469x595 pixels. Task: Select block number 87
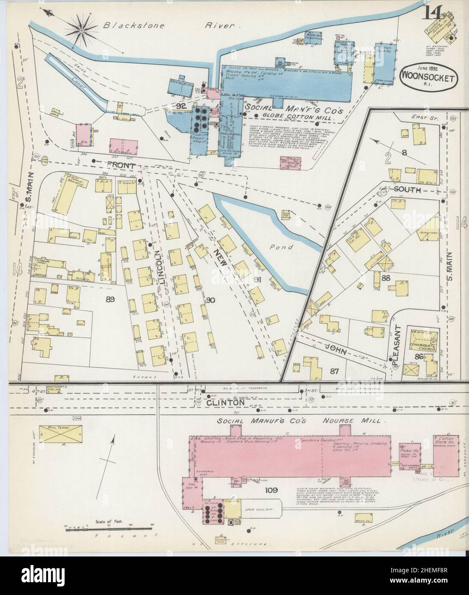(334, 371)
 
